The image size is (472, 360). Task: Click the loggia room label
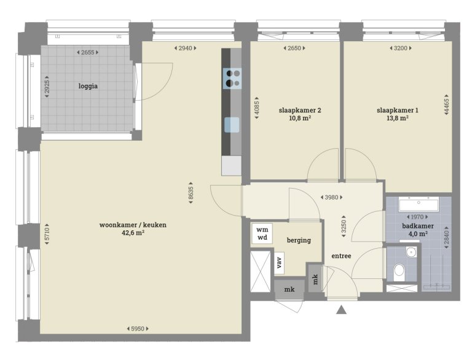tap(88, 86)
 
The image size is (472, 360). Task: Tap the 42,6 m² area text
tap(133, 233)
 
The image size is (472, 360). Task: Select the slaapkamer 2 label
tap(300, 111)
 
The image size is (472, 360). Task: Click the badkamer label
tap(418, 226)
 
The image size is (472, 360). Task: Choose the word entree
tap(340, 256)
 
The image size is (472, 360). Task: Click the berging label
tap(299, 240)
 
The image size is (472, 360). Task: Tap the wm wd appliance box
tap(262, 234)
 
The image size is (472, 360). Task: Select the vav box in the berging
tap(280, 263)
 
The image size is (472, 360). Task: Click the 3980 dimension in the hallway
tap(332, 197)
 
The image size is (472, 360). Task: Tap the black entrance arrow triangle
tap(342, 310)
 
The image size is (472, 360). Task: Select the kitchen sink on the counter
tap(232, 125)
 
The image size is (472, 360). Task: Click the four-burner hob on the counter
tap(232, 78)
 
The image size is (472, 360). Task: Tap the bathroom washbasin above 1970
tap(419, 203)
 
